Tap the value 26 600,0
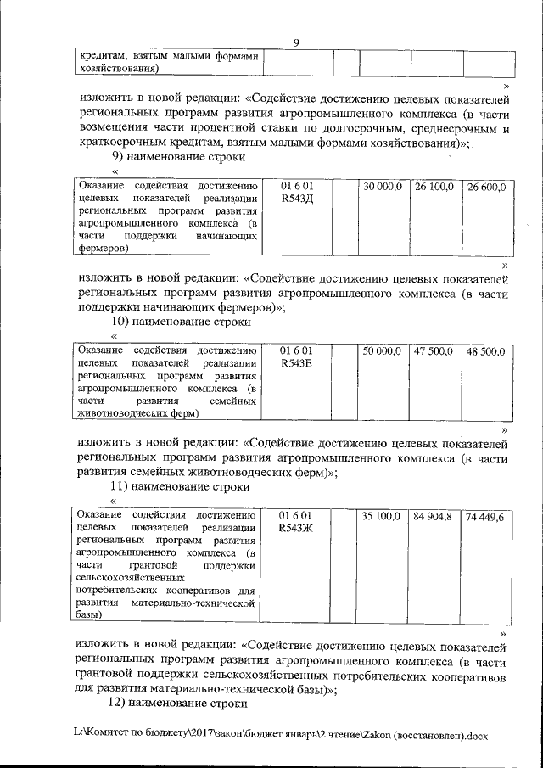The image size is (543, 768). pyautogui.click(x=486, y=186)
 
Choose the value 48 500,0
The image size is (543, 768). pyautogui.click(x=486, y=350)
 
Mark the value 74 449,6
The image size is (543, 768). pyautogui.click(x=486, y=515)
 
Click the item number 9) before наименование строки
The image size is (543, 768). pyautogui.click(x=120, y=156)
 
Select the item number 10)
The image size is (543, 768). pyautogui.click(x=123, y=322)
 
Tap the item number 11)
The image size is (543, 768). pyautogui.click(x=123, y=487)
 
